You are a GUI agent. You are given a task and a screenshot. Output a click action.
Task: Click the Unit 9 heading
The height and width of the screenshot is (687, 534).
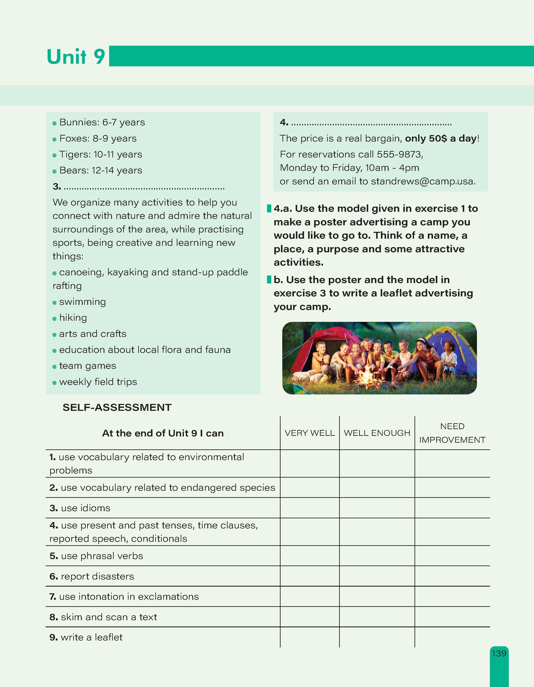(76, 57)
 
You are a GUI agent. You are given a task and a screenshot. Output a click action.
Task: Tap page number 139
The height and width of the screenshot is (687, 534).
(499, 654)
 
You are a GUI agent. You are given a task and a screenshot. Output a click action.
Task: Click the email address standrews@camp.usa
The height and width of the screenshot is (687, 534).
(423, 182)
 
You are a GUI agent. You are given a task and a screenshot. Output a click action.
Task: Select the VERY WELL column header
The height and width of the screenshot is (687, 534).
(309, 433)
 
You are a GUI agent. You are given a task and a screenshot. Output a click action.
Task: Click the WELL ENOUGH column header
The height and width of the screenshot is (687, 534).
(377, 433)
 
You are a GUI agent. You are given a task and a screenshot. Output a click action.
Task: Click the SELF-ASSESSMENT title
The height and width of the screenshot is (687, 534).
(117, 408)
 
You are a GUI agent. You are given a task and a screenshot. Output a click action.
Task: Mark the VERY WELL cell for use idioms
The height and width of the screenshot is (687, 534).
(309, 508)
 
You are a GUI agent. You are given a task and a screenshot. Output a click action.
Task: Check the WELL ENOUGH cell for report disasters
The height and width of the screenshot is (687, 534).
(377, 576)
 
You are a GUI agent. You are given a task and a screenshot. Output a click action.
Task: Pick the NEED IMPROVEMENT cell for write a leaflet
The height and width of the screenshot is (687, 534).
(452, 637)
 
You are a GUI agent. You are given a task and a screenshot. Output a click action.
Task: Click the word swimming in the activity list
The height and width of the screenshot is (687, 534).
(82, 302)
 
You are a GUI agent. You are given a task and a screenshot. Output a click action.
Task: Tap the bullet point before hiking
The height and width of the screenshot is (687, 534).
(54, 319)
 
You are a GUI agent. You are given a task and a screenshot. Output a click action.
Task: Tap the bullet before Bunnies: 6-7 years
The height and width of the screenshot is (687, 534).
(54, 123)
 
